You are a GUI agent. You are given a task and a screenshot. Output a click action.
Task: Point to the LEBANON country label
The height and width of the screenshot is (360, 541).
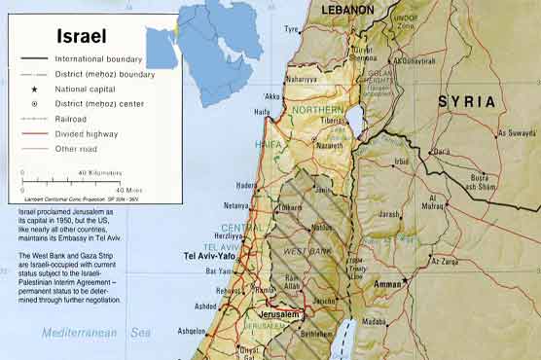click(x=347, y=10)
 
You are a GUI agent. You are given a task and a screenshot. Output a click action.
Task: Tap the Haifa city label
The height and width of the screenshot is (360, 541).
click(x=262, y=112)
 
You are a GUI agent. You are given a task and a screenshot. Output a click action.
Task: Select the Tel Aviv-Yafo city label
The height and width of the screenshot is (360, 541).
click(x=211, y=256)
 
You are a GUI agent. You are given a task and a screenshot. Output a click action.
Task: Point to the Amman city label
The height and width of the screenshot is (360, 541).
click(x=388, y=283)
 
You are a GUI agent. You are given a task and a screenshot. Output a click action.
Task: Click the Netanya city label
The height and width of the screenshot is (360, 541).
click(x=236, y=206)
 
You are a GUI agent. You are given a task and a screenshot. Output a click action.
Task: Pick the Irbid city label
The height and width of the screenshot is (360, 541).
click(x=401, y=162)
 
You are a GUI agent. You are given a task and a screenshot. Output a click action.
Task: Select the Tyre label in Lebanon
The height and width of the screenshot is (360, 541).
click(x=291, y=29)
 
